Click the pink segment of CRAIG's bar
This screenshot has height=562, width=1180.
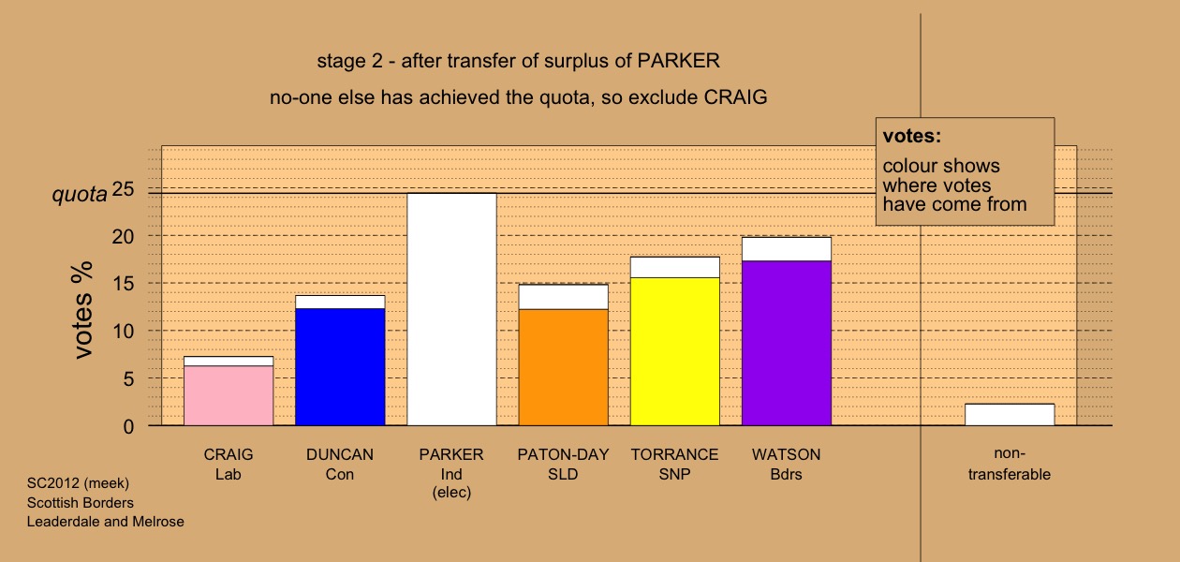tap(229, 395)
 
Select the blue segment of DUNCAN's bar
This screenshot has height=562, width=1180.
tap(340, 367)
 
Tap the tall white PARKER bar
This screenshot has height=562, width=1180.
tap(452, 310)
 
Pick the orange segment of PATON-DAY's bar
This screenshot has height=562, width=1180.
tap(564, 368)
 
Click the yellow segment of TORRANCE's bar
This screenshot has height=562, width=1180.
tap(675, 352)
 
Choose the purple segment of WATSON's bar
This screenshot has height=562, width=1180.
tap(787, 344)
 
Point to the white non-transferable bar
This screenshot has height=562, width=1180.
tap(1010, 415)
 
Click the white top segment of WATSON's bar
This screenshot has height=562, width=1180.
tap(787, 249)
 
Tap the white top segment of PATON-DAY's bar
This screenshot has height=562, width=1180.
tap(564, 297)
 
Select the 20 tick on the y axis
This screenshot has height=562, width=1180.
tap(123, 237)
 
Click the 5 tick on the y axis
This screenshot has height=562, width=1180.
tap(128, 379)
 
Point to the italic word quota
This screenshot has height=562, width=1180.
tap(80, 194)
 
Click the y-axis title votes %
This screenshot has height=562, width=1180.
tap(82, 311)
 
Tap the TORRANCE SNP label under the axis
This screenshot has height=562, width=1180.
tap(675, 464)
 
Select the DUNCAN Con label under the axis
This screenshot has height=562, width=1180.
tap(340, 464)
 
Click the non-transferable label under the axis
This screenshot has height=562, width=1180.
tap(1010, 464)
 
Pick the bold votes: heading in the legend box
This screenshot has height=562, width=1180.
tap(912, 136)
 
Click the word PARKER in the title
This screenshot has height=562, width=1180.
tap(678, 61)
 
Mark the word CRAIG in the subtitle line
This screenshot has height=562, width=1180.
tap(735, 97)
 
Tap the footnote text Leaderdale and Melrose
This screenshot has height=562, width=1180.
tap(105, 522)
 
